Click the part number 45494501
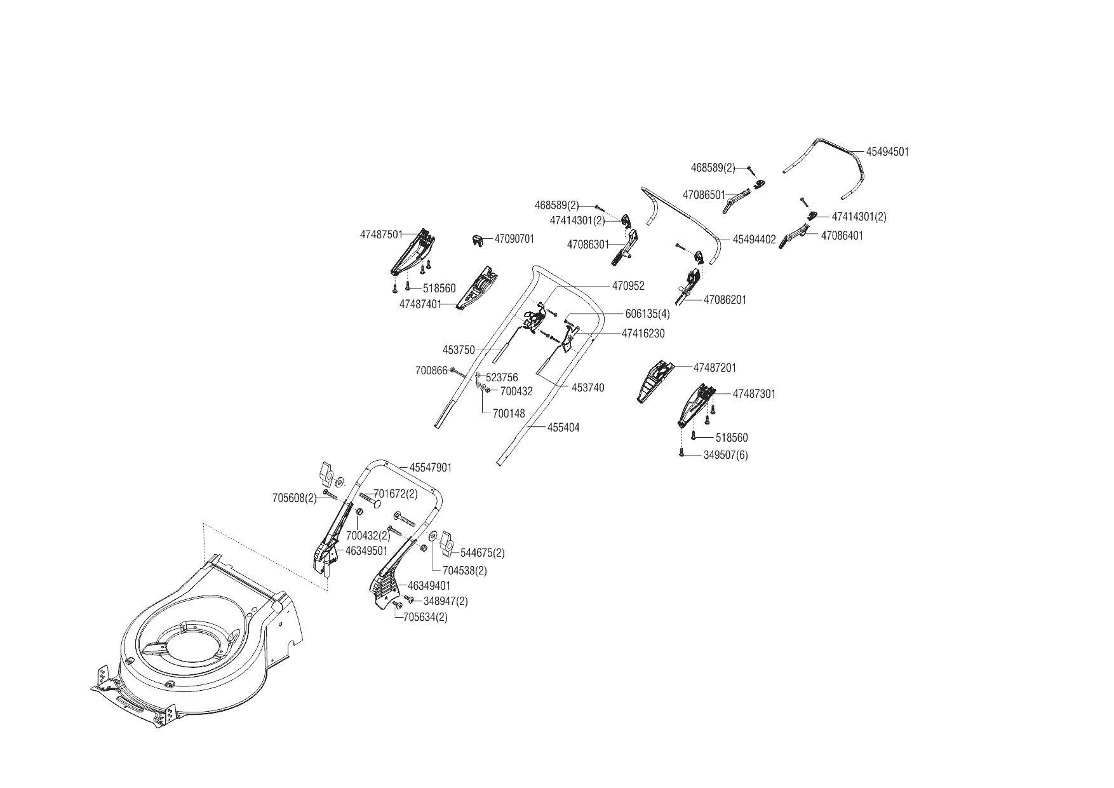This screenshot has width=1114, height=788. point(887,152)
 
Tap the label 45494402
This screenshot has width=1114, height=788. point(754,240)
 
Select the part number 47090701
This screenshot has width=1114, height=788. point(514,239)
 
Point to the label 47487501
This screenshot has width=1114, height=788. point(381,234)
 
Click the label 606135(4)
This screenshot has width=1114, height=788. point(646,314)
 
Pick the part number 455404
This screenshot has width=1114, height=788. point(563,428)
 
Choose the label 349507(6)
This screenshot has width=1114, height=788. point(725,455)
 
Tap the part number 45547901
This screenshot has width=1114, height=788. point(430,468)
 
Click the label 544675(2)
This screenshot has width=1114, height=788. point(482,553)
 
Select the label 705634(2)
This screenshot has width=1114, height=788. point(425,617)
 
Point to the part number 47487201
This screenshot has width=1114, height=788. point(715,368)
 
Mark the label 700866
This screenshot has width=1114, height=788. point(431,370)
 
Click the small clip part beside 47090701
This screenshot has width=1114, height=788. point(478,240)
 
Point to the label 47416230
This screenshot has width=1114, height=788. point(643,333)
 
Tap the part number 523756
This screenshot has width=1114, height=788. point(502,377)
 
